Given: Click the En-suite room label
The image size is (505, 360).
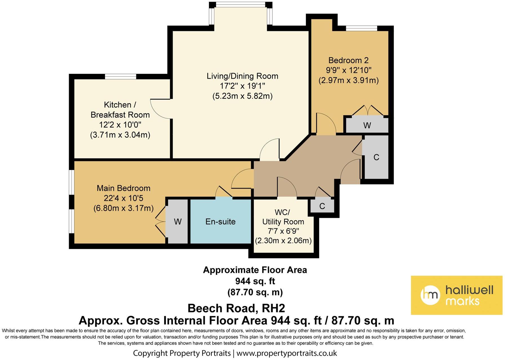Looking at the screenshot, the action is point(220,222).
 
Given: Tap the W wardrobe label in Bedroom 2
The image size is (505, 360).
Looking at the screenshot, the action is point(367,125).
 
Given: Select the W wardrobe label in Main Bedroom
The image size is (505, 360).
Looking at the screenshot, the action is point(177,222).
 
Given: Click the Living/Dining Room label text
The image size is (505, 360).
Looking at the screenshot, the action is point(242,76).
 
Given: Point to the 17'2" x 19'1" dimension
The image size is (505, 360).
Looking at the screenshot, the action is point(242,86).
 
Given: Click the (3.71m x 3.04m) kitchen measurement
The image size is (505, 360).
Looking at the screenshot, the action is point(120,135).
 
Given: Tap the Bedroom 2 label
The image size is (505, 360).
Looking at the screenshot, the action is point(348,60).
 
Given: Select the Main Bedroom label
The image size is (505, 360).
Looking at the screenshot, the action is point(123,188).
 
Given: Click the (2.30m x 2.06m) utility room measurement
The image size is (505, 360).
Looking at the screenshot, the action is point(283,241).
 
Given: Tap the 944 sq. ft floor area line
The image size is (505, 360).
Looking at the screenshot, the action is point(255,281).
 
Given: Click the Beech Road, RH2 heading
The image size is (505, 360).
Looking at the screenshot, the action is point(236,308).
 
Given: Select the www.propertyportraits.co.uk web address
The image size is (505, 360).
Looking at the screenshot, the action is point(287,353).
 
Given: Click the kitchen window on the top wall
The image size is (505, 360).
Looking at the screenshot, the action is point(121,76).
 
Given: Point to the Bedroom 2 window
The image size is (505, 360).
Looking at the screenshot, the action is point(361,28).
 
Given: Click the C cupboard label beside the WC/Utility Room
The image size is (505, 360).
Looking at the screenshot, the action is point(322,206).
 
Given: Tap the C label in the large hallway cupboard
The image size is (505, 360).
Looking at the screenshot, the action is point(376,157).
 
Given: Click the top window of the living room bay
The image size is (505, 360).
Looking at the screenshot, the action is point(241,5).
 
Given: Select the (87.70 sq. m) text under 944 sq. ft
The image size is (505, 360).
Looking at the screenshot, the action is point(255,292).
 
